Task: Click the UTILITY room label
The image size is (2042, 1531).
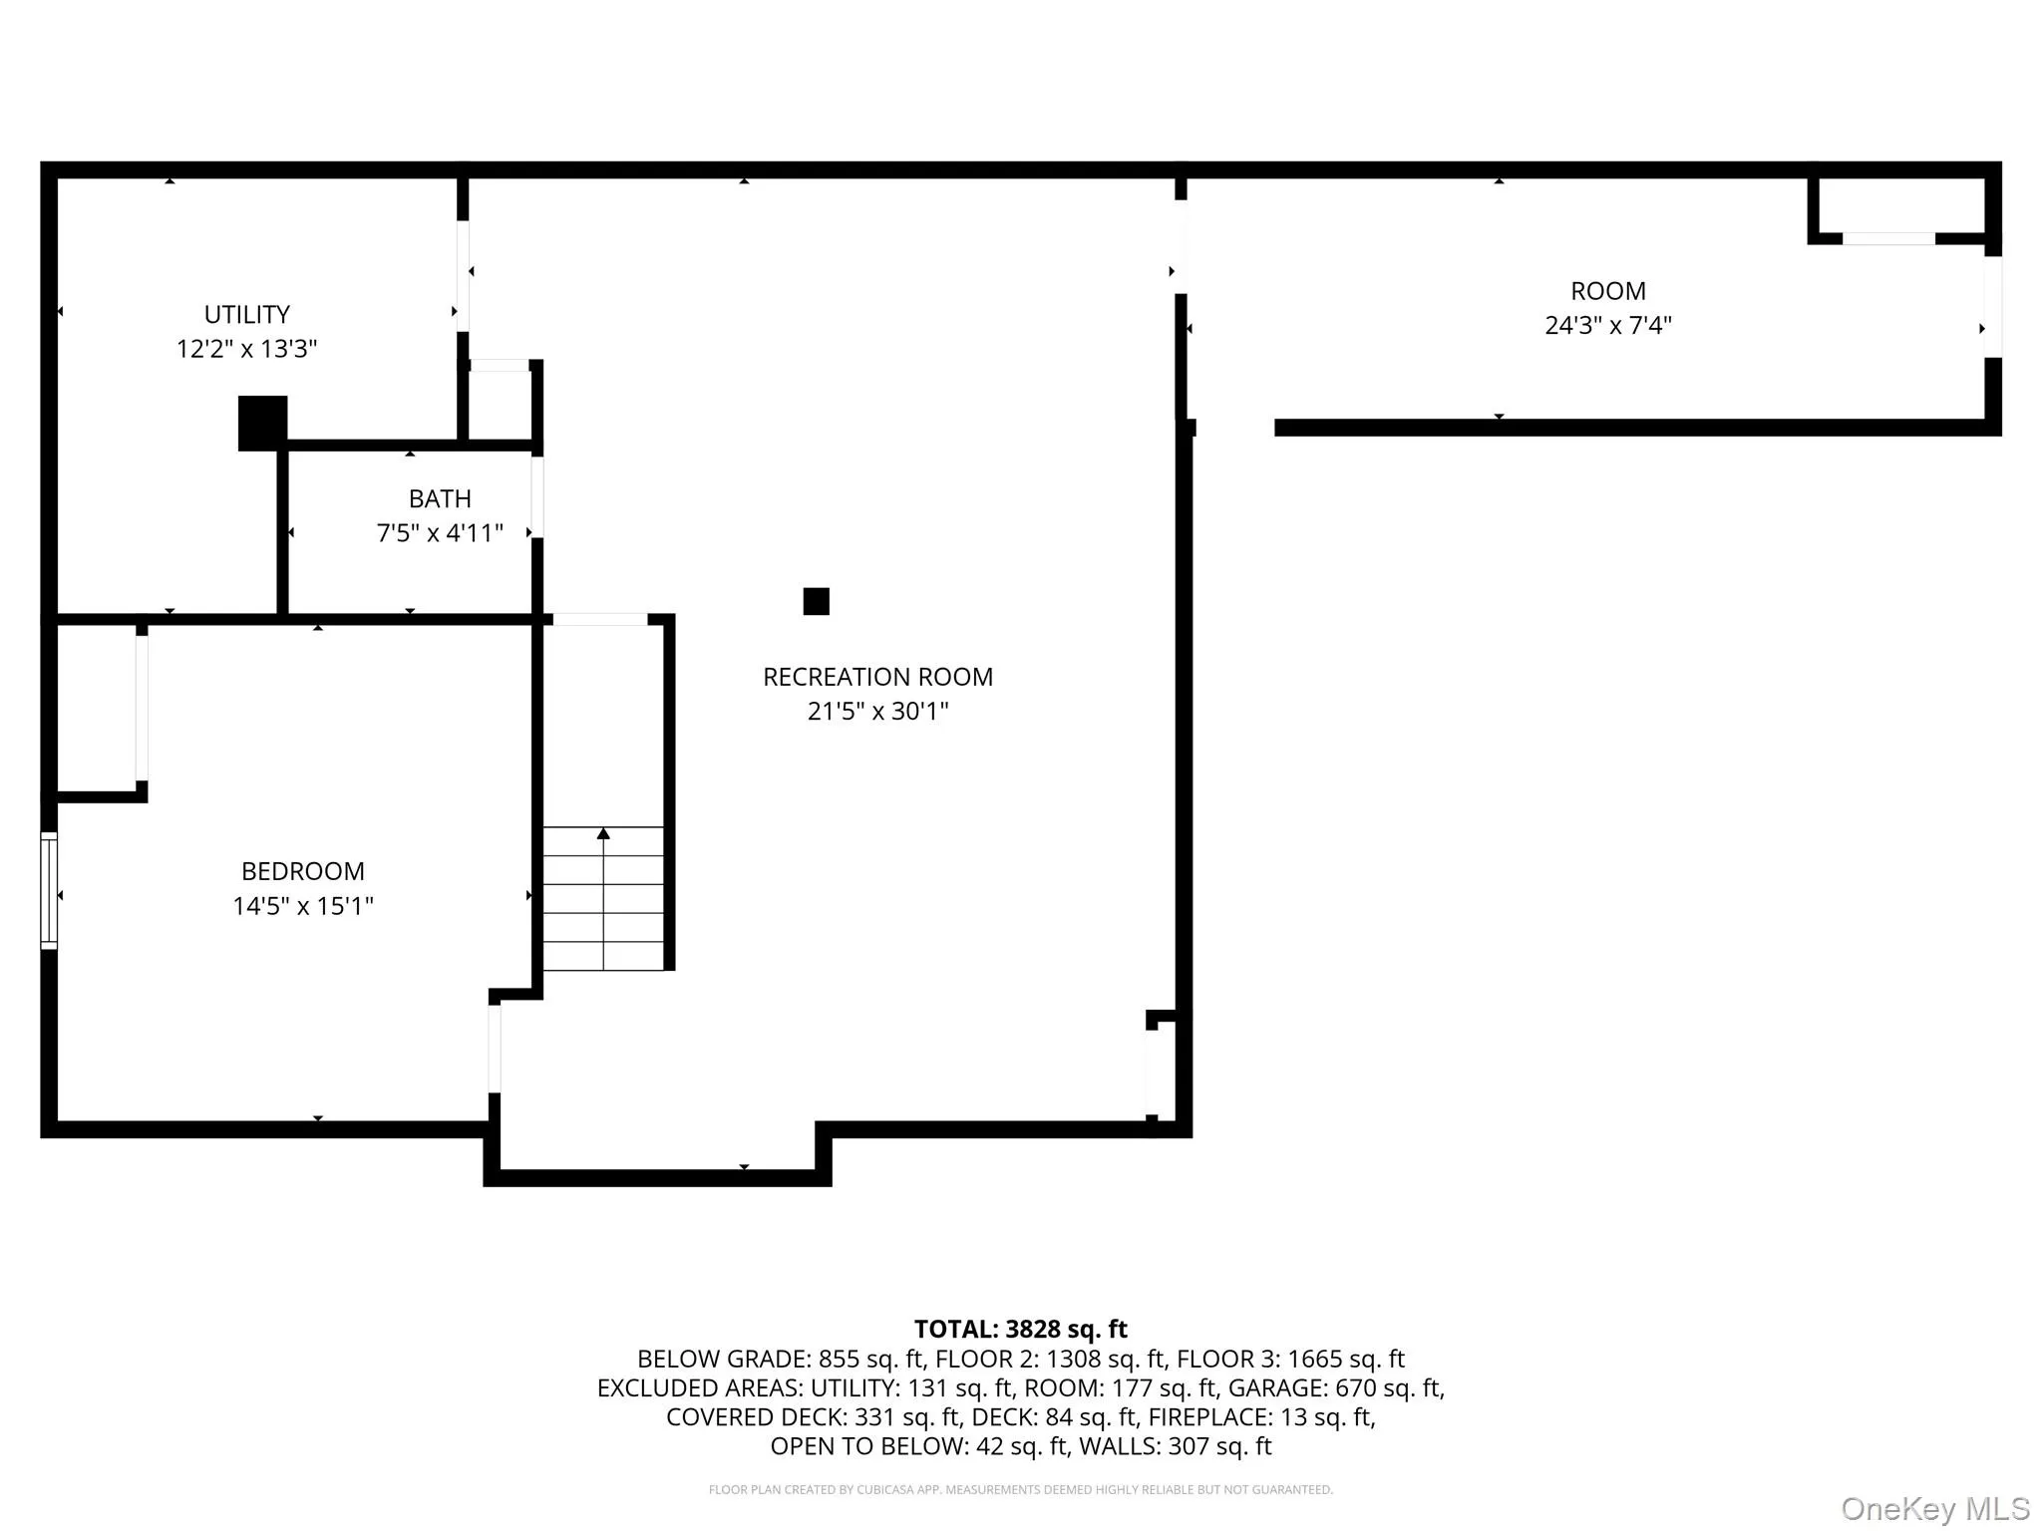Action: [246, 315]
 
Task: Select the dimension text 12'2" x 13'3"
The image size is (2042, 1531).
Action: [246, 349]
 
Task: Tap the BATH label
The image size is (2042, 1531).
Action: [440, 498]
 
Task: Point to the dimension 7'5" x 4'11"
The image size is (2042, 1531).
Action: [440, 533]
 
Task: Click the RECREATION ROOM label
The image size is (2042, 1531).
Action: [877, 677]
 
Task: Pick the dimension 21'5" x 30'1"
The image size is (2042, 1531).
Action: [877, 712]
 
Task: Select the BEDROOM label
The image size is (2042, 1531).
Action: [302, 871]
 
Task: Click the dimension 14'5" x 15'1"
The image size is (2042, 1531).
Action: [302, 906]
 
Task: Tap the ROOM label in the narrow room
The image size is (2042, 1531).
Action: [1607, 291]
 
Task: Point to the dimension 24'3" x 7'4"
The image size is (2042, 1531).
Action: [1607, 326]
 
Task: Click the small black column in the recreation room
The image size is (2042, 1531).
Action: [816, 601]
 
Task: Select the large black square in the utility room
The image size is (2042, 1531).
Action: [262, 423]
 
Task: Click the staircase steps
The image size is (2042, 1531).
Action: [603, 912]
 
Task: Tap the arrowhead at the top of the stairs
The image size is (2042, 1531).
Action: [603, 833]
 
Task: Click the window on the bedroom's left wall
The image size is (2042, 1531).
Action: [49, 890]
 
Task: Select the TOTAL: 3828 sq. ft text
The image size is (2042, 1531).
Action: [1020, 1329]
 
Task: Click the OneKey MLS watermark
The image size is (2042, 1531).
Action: [1934, 1508]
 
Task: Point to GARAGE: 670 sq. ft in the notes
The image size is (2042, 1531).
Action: [1335, 1387]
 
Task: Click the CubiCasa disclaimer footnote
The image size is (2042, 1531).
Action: [1020, 1489]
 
